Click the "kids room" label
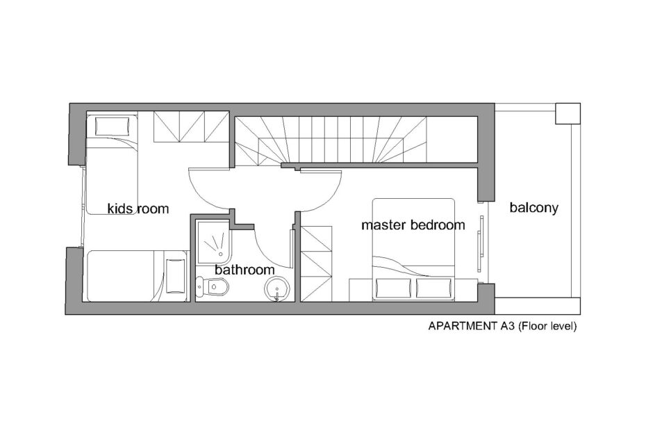pyautogui.click(x=138, y=209)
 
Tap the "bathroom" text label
pyautogui.click(x=245, y=270)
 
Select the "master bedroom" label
pyautogui.click(x=413, y=225)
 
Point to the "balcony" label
pyautogui.click(x=534, y=207)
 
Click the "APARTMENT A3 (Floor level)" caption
pyautogui.click(x=502, y=326)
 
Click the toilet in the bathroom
pyautogui.click(x=212, y=286)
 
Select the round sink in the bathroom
pyautogui.click(x=277, y=288)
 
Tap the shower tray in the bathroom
pyautogui.click(x=213, y=242)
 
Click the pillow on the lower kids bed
pyautogui.click(x=176, y=275)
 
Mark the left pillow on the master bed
pyautogui.click(x=393, y=288)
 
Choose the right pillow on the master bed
pyautogui.click(x=434, y=288)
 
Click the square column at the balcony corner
pyautogui.click(x=568, y=113)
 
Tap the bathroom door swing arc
pyautogui.click(x=268, y=254)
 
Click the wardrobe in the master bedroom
pyautogui.click(x=317, y=263)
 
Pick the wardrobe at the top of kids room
pyautogui.click(x=192, y=127)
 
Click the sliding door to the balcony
pyautogui.click(x=481, y=243)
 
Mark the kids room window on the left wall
pyautogui.click(x=83, y=207)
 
